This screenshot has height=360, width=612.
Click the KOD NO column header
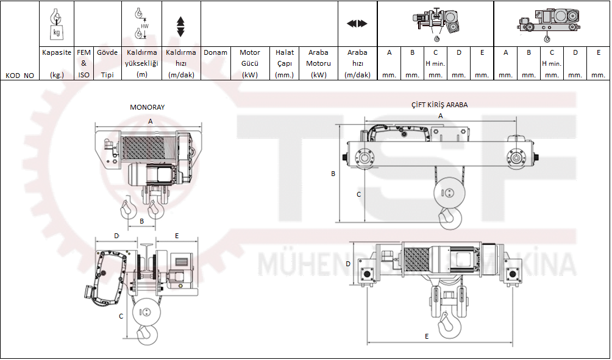click(20, 76)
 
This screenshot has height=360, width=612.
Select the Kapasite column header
click(57, 63)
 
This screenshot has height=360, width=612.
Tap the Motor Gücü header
click(250, 63)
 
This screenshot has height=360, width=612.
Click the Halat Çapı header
click(285, 63)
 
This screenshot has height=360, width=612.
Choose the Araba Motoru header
click(318, 63)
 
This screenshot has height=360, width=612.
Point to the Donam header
click(215, 53)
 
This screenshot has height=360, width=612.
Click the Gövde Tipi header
click(107, 63)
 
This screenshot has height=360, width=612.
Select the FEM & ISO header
click(84, 63)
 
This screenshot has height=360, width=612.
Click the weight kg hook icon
click(57, 23)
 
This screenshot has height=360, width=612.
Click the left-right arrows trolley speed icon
click(357, 24)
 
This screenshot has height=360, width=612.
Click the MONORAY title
click(147, 107)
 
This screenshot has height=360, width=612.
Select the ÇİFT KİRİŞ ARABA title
click(439, 105)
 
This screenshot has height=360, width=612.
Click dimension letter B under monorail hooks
click(141, 222)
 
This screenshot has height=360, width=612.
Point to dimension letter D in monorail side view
click(116, 235)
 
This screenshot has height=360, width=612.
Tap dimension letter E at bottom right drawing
click(426, 336)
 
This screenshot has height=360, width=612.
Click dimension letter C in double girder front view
click(358, 194)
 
